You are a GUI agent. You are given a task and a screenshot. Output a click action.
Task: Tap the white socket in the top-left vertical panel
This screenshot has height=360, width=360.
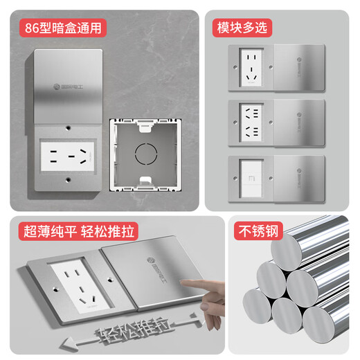pyautogui.click(x=68, y=154)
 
